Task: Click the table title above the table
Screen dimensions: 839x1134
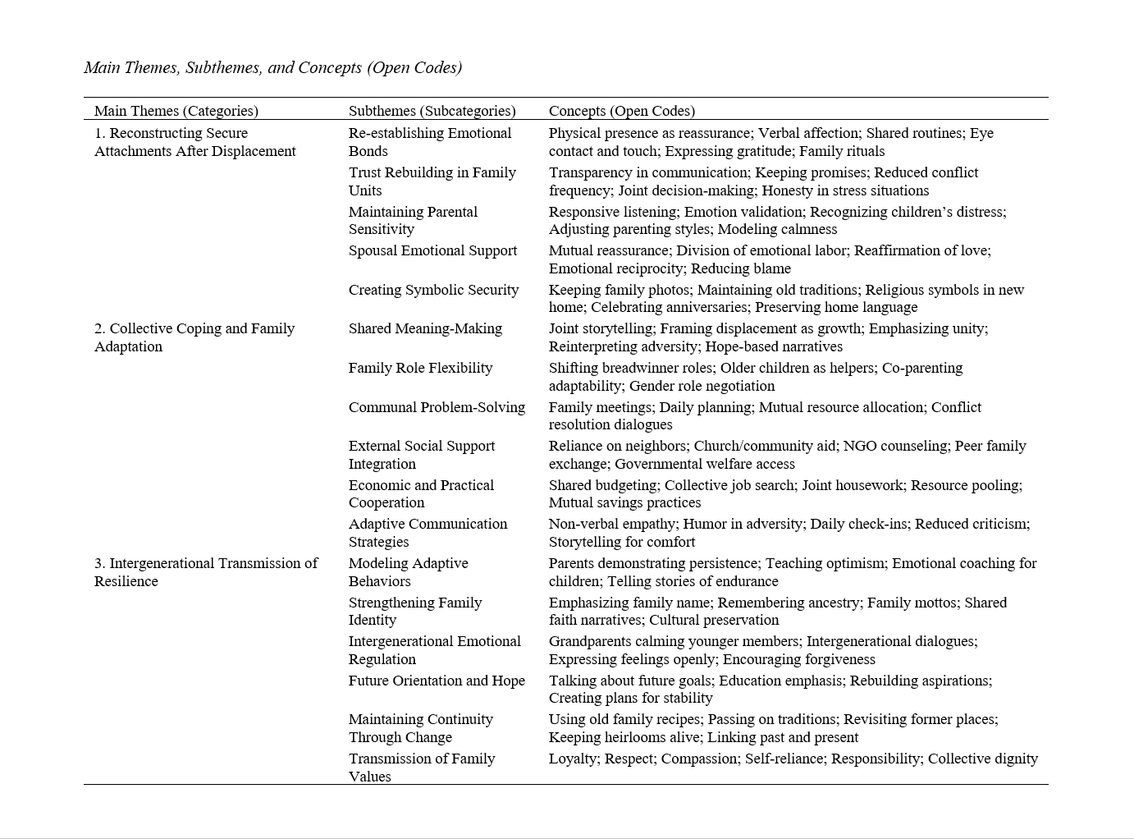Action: coord(272,68)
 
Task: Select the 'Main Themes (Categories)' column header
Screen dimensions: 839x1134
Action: coord(176,111)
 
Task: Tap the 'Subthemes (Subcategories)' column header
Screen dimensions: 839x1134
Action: coord(432,111)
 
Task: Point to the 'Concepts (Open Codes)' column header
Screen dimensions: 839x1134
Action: coord(621,111)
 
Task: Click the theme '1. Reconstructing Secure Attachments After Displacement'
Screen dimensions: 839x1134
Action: coord(194,142)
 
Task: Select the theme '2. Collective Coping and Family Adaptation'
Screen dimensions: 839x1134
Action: coord(194,337)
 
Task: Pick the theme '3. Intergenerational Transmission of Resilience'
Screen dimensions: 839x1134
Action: coord(205,572)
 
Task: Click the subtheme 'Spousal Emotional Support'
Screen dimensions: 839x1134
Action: coord(432,251)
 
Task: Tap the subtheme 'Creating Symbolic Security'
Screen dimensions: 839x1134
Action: coord(433,290)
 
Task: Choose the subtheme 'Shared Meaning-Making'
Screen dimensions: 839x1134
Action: coord(425,328)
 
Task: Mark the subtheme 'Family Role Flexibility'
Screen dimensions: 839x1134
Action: coord(420,368)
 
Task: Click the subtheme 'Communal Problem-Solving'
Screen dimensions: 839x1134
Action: coord(437,407)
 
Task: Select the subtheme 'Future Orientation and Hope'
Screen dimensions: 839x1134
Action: coord(437,681)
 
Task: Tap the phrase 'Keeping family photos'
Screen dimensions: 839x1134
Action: coord(619,290)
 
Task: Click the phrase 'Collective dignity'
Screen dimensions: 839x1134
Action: coord(983,759)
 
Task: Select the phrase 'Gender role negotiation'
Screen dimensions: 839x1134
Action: coord(702,386)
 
